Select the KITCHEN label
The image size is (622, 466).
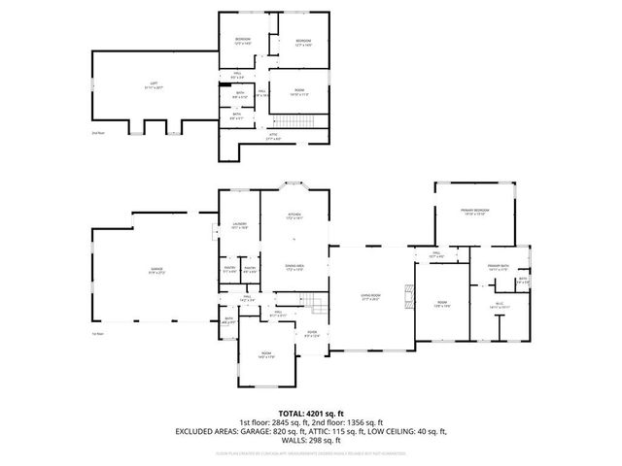click(x=294, y=215)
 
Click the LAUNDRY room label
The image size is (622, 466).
click(x=239, y=223)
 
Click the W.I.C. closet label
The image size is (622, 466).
click(x=501, y=304)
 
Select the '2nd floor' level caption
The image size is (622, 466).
click(x=97, y=132)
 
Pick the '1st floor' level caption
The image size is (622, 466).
click(x=97, y=333)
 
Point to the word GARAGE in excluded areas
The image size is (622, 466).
click(x=237, y=429)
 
